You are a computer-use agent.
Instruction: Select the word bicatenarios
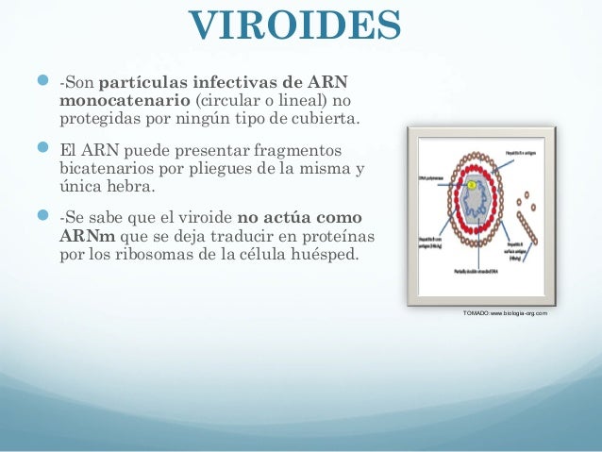(105, 170)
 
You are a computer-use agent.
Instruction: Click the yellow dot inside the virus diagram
(471, 186)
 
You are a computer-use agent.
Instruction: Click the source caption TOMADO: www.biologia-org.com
(505, 312)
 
